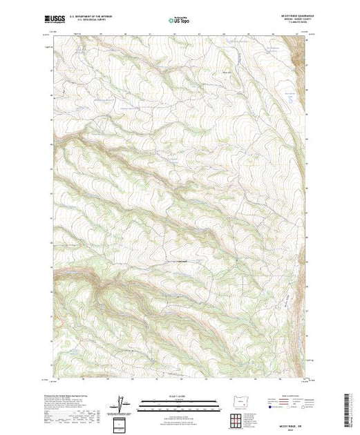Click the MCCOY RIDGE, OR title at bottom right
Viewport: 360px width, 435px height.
click(x=290, y=418)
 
